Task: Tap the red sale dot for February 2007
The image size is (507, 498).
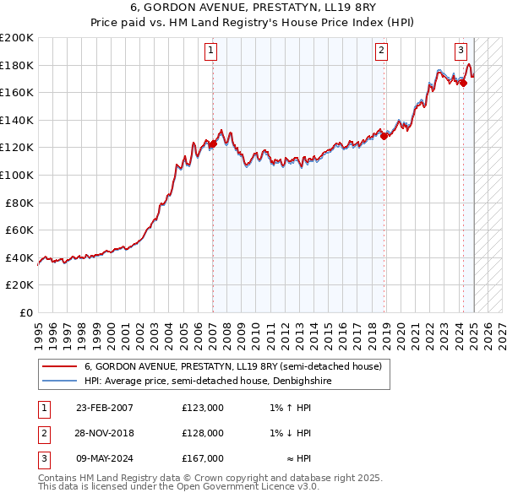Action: pos(213,144)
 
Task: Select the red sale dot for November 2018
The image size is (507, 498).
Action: pos(384,135)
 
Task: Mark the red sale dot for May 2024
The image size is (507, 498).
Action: pos(463,83)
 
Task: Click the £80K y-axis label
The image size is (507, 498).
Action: pos(19,203)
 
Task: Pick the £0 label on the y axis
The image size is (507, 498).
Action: pos(25,312)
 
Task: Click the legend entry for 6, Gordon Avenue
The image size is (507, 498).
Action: pos(233,367)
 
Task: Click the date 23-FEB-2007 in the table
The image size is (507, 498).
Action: pos(105,408)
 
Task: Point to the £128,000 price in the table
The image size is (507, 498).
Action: pos(203,433)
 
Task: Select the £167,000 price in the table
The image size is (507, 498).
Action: pos(203,458)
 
